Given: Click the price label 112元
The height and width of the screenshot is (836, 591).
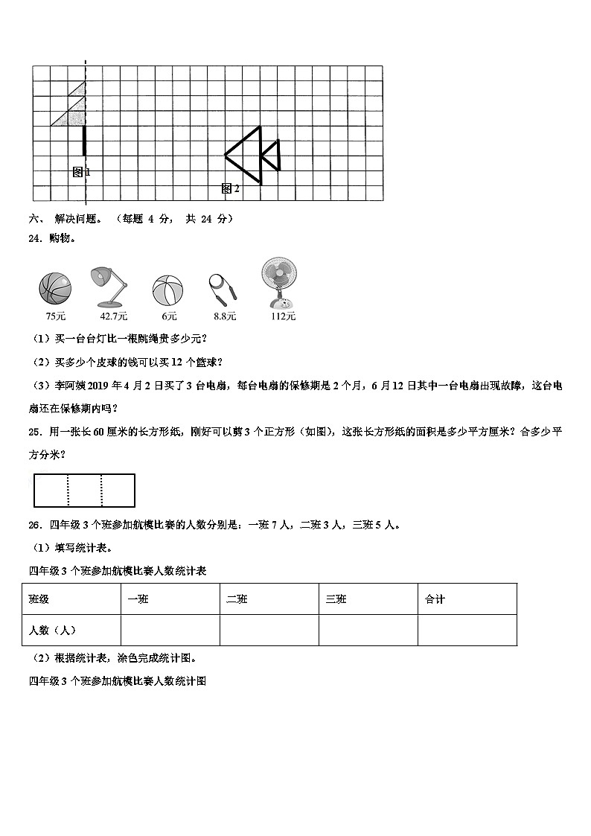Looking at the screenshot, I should pos(283,316).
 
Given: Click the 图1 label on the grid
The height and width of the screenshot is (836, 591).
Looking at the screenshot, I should pos(81,172).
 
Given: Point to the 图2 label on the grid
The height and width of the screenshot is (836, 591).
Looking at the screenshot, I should pos(231,189).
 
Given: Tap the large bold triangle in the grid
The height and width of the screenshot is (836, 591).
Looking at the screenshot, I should pos(245,156).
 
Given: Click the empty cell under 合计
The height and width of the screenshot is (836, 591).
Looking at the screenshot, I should pos(467,630).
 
